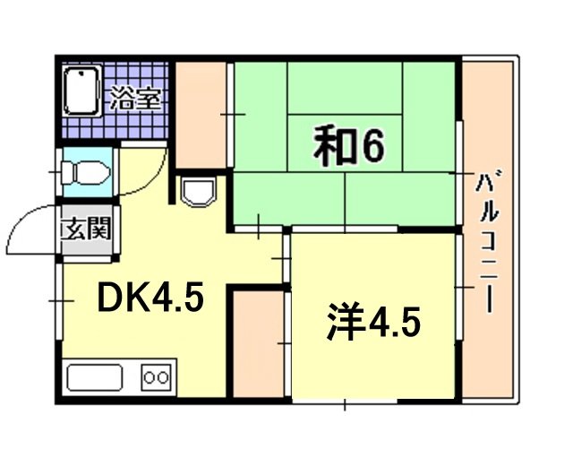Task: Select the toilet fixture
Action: [85, 170]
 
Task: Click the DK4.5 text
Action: [151, 296]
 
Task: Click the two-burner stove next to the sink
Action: [156, 377]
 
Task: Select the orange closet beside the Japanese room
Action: [201, 115]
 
